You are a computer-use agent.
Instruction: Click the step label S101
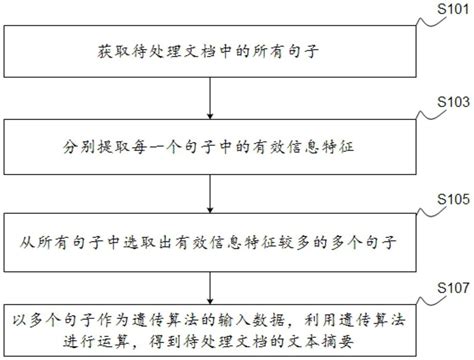click(x=446, y=9)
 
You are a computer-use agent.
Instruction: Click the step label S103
click(x=446, y=103)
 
